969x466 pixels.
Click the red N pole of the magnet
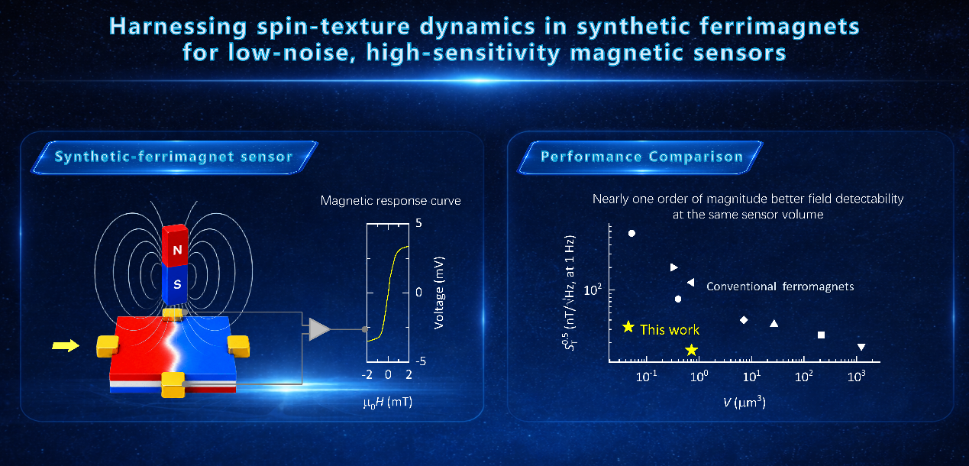pyautogui.click(x=175, y=246)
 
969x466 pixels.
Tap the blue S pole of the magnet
pyautogui.click(x=175, y=285)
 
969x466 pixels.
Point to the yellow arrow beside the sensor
pyautogui.click(x=66, y=345)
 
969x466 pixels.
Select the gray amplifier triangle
pyautogui.click(x=320, y=329)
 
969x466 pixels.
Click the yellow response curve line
pyautogui.click(x=388, y=293)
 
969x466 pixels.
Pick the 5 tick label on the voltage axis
pyautogui.click(x=418, y=223)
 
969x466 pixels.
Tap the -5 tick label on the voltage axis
pyautogui.click(x=421, y=361)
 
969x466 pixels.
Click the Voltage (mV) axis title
pyautogui.click(x=439, y=293)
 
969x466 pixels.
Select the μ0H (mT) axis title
pyautogui.click(x=388, y=403)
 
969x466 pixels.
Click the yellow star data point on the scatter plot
pyautogui.click(x=692, y=350)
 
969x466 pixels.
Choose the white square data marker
pyautogui.click(x=821, y=335)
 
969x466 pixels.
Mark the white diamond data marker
pyautogui.click(x=744, y=320)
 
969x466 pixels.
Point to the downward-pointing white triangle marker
pyautogui.click(x=861, y=347)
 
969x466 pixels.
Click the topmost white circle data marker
pyautogui.click(x=631, y=234)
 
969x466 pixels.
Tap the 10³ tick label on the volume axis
pyautogui.click(x=857, y=377)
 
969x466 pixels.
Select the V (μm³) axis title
pyautogui.click(x=745, y=403)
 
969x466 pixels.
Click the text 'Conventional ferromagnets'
pyautogui.click(x=780, y=286)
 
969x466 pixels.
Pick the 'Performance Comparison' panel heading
pyautogui.click(x=642, y=157)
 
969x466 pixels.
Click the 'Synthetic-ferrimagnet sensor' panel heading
pyautogui.click(x=174, y=157)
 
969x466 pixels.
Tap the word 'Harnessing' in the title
pyautogui.click(x=178, y=27)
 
